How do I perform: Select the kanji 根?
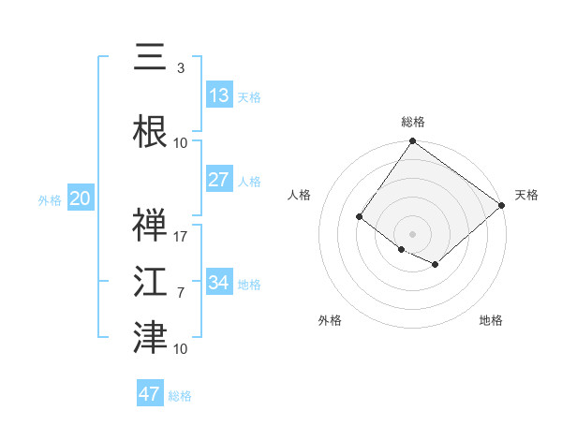[x=150, y=132]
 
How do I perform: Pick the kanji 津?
[x=150, y=338]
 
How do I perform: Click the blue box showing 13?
[x=218, y=95]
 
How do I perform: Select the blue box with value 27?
[x=218, y=180]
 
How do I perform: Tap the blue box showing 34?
[x=218, y=283]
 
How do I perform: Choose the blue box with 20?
[x=81, y=198]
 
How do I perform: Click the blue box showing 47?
[x=150, y=394]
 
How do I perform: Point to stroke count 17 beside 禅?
[x=181, y=237]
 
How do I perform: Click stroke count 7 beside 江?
[x=181, y=293]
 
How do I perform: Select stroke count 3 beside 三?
[x=180, y=68]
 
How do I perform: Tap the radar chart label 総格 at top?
[x=412, y=122]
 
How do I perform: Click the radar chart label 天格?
[x=526, y=195]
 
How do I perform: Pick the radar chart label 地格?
[x=491, y=320]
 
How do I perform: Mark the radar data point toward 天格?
[x=503, y=205]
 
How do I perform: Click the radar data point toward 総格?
[x=412, y=142]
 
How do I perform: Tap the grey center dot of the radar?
[x=412, y=233]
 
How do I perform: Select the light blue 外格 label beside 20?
[x=50, y=199]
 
